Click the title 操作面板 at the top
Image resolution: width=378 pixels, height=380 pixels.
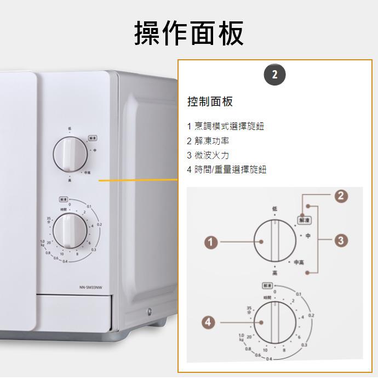[x=189, y=33]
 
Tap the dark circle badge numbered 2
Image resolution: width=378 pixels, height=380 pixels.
[x=274, y=75]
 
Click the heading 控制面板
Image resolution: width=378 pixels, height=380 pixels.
[x=210, y=101]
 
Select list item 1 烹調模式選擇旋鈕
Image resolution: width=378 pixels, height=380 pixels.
[x=225, y=126]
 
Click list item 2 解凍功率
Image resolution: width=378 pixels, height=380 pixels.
[x=208, y=141]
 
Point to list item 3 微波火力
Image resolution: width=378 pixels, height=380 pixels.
[x=208, y=155]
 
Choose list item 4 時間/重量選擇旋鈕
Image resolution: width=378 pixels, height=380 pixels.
[x=226, y=169]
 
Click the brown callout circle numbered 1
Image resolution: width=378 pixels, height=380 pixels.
[x=211, y=242]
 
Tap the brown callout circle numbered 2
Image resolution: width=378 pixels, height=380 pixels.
[x=341, y=196]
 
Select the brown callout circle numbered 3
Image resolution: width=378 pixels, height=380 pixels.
[x=341, y=240]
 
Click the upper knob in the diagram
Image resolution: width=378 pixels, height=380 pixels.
[x=275, y=242]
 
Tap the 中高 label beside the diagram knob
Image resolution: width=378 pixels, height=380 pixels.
[x=299, y=262]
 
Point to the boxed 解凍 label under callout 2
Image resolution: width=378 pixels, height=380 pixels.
[x=303, y=220]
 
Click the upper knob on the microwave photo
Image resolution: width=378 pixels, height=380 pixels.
[x=70, y=154]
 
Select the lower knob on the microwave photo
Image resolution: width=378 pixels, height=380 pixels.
[x=70, y=230]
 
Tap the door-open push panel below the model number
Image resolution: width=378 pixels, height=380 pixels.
[x=75, y=313]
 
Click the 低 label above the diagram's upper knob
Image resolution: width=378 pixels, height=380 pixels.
[x=274, y=209]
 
